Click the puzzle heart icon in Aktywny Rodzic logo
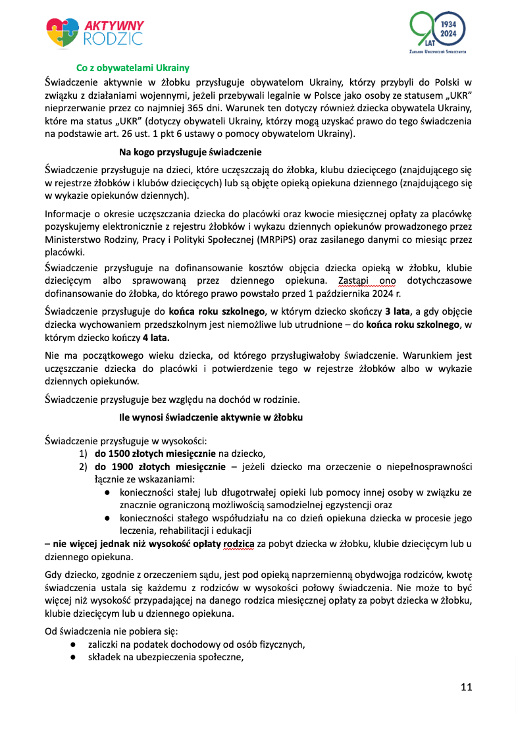click(63, 32)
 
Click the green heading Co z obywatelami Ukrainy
click(133, 68)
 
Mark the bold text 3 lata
click(400, 311)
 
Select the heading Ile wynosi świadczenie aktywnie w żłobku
click(211, 417)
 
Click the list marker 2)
click(84, 467)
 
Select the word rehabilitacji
click(183, 530)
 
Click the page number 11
click(466, 687)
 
